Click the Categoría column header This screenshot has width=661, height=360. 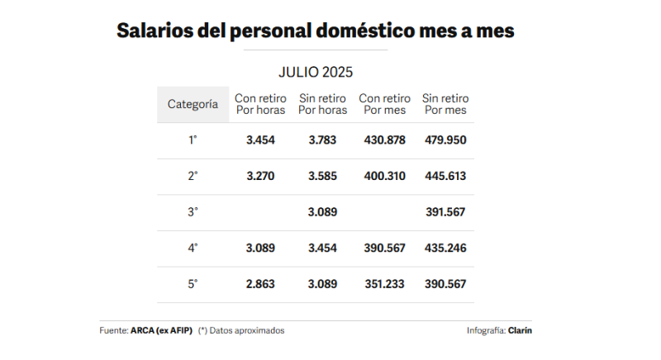193,105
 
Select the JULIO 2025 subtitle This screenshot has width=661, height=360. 316,72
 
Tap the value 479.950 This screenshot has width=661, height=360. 445,140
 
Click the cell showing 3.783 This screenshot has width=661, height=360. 322,140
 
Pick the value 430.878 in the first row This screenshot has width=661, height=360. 384,140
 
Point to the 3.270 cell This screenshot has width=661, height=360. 260,176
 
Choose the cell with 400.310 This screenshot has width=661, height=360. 384,176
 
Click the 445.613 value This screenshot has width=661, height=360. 445,176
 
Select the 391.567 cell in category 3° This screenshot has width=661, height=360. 445,212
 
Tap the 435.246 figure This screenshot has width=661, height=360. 445,248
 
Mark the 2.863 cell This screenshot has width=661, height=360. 260,284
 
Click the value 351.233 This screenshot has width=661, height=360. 384,284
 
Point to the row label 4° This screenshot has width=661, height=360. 193,248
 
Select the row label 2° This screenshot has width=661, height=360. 193,176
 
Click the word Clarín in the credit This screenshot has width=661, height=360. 521,330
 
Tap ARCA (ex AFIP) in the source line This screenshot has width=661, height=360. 161,330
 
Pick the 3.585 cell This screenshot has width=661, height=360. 322,176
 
